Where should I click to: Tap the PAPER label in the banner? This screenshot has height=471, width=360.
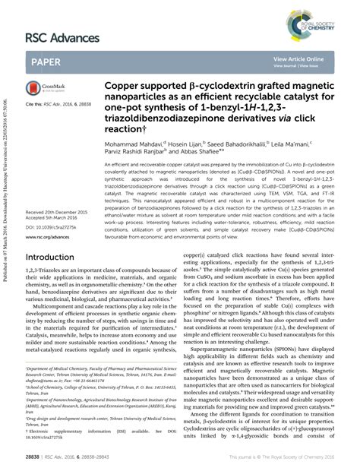tap(48, 62)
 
